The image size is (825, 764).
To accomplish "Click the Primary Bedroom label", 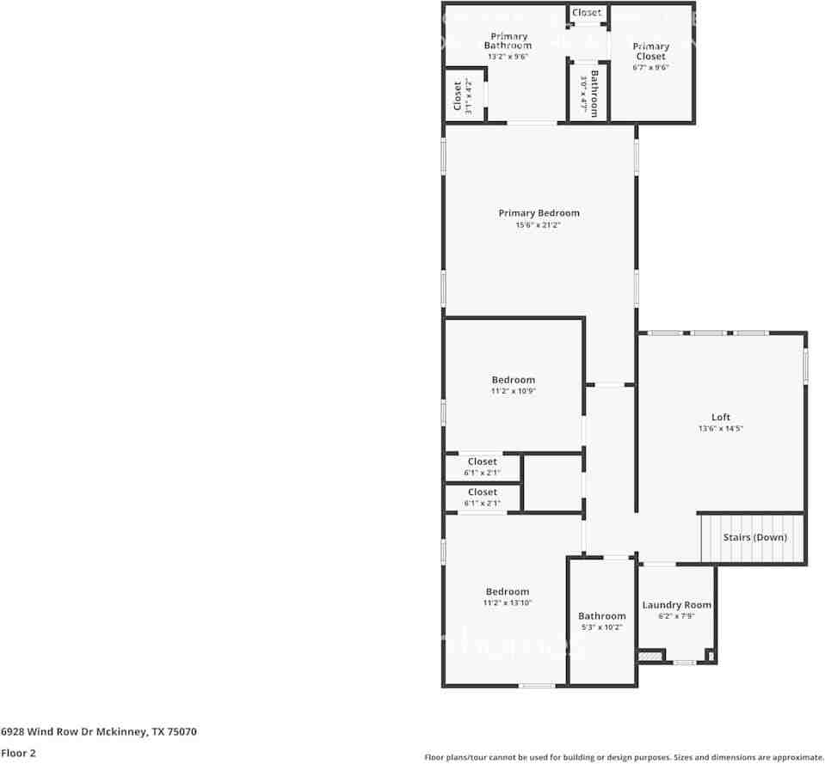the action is click(539, 213).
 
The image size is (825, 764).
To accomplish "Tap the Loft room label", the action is click(720, 417).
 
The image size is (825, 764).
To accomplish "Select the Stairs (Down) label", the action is click(754, 537).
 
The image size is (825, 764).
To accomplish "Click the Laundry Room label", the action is click(677, 605).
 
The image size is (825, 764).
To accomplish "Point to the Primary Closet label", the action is click(651, 52).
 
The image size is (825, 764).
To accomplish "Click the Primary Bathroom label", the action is click(508, 41).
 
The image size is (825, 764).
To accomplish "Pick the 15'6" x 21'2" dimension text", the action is click(538, 225).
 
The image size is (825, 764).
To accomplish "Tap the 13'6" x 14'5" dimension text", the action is click(720, 428).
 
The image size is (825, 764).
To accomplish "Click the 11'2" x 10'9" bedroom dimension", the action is click(513, 391).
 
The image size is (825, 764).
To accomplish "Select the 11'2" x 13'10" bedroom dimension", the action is click(508, 602).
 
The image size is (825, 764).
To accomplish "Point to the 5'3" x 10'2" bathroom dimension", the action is click(602, 626).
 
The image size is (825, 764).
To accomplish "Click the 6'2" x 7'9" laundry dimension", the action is click(677, 616).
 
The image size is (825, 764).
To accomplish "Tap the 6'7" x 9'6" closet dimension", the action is click(651, 67).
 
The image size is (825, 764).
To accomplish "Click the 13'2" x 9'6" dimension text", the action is click(508, 56).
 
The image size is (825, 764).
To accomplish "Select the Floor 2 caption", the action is click(18, 753).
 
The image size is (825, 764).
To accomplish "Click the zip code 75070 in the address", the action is click(182, 731).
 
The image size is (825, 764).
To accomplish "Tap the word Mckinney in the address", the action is click(120, 731).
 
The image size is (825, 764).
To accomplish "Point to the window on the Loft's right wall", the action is click(805, 366).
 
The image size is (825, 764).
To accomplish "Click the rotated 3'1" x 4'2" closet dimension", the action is click(468, 96).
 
